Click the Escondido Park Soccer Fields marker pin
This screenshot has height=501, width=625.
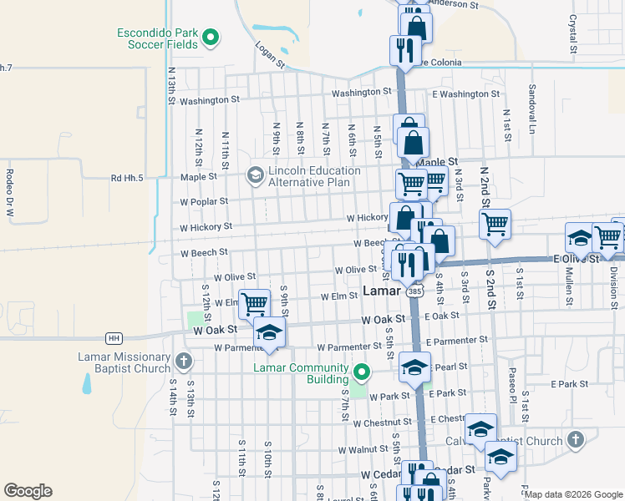[x=211, y=37]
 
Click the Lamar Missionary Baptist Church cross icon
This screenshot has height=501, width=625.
[x=184, y=362]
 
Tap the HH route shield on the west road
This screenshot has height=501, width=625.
[x=113, y=338]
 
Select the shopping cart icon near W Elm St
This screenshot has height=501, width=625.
[x=254, y=304]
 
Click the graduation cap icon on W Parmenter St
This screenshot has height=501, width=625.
[x=269, y=333]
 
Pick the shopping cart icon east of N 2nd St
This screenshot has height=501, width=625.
[x=495, y=223]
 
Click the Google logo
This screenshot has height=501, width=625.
[x=28, y=491]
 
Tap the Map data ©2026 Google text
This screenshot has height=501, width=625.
[x=573, y=494]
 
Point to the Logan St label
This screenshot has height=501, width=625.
[x=271, y=55]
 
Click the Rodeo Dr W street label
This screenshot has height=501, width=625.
[x=10, y=194]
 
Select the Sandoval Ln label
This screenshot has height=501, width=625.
[x=531, y=109]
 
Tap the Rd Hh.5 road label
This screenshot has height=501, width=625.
[x=127, y=178]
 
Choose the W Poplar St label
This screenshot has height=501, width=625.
[x=204, y=201]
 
